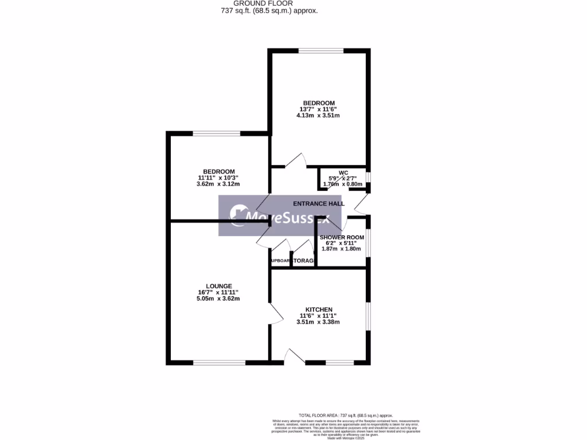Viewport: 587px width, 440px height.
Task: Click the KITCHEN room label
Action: [318, 310]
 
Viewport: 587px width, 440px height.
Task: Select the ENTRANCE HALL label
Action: [319, 203]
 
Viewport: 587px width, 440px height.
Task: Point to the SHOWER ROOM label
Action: [342, 237]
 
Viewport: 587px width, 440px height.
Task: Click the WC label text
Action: [343, 172]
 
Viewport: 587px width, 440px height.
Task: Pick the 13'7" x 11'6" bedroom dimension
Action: [319, 109]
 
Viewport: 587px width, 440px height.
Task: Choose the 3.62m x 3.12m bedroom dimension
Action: [218, 184]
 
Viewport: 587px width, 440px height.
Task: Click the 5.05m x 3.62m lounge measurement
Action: [218, 298]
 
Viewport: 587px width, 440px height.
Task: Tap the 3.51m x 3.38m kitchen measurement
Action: [318, 322]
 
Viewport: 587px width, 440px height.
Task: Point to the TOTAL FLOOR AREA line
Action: [346, 415]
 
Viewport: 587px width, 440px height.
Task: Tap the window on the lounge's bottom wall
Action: [219, 362]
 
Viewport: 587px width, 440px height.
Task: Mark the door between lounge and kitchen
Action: [275, 314]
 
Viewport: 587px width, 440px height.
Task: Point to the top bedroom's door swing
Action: [294, 161]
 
